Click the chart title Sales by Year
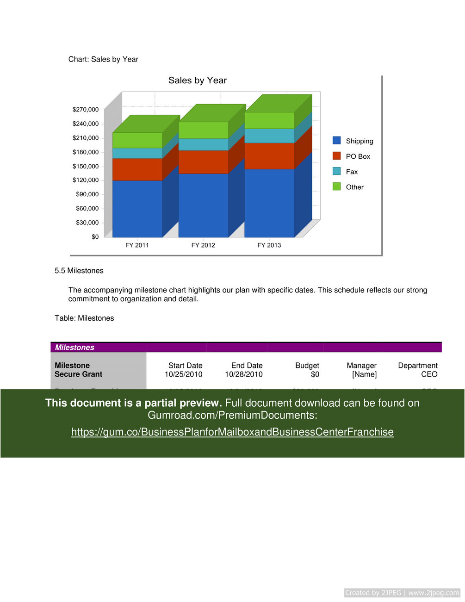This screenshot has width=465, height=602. [198, 81]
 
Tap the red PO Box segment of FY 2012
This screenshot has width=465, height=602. [203, 162]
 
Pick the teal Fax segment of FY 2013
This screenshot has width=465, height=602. [269, 136]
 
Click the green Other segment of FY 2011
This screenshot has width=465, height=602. [137, 140]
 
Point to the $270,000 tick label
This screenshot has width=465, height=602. [86, 110]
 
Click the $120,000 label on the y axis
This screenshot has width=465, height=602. [86, 180]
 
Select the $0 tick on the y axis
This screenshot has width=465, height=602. [95, 237]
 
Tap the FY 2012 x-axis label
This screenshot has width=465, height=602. [203, 245]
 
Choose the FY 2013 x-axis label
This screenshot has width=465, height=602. [269, 245]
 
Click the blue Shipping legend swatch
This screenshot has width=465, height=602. [337, 141]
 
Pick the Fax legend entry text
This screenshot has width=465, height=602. [352, 172]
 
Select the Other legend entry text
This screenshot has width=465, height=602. [354, 187]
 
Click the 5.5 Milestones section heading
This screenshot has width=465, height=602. [79, 271]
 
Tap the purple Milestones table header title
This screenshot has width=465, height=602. [74, 348]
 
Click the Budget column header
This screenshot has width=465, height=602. [307, 366]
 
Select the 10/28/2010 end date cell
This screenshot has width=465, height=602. [244, 374]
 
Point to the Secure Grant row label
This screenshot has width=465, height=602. [79, 374]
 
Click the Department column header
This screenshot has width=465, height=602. [417, 366]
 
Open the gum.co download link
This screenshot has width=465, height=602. [232, 432]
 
